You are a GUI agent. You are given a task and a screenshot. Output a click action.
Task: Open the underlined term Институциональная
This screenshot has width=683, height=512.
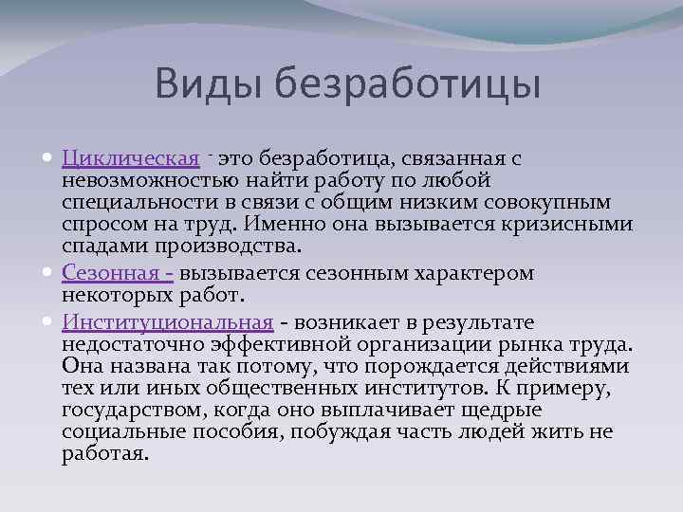click(x=168, y=323)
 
